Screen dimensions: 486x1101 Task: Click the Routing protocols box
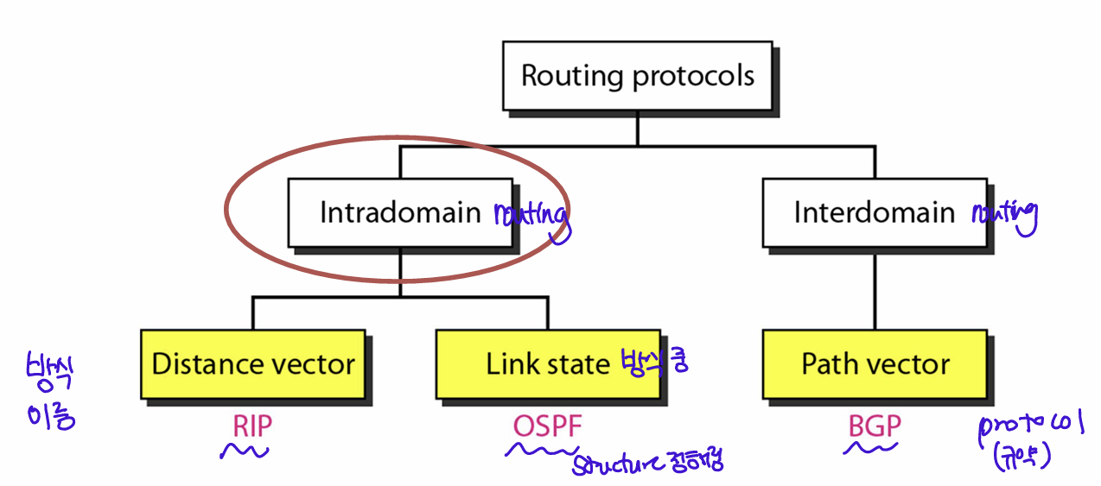pyautogui.click(x=638, y=76)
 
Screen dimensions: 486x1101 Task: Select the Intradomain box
pyautogui.click(x=400, y=213)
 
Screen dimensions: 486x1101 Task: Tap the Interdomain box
pyautogui.click(x=874, y=212)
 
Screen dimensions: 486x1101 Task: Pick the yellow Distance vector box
pyautogui.click(x=252, y=363)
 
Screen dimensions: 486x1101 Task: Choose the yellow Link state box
pyautogui.click(x=548, y=363)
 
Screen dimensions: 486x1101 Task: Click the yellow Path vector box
pyautogui.click(x=875, y=363)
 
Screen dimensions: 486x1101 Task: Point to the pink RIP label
pyautogui.click(x=252, y=426)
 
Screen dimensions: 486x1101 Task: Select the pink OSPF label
pyautogui.click(x=548, y=426)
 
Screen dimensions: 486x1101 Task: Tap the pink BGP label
pyautogui.click(x=875, y=426)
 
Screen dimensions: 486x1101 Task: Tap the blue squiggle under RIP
pyautogui.click(x=245, y=451)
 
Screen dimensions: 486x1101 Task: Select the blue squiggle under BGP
pyautogui.click(x=870, y=447)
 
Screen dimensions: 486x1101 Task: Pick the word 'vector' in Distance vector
pyautogui.click(x=313, y=363)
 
